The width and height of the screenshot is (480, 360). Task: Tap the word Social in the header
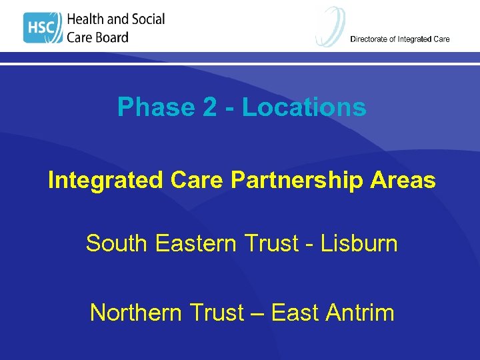pos(145,19)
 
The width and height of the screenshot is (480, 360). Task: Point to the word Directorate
pos(371,39)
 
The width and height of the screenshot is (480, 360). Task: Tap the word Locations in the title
pos(304,107)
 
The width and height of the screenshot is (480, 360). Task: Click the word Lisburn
pos(359,244)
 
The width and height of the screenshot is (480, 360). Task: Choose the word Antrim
pos(361,312)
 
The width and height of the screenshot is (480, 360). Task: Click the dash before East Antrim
pos(259,313)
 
